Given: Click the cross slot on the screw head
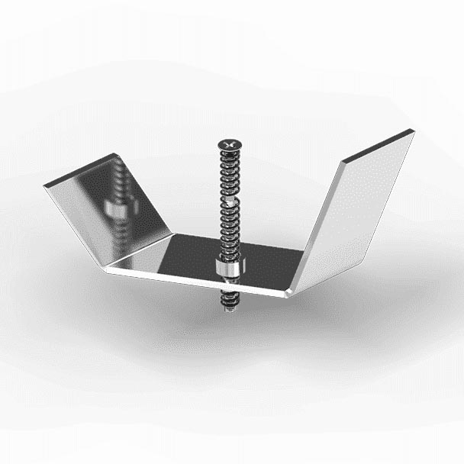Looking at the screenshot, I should (x=228, y=143).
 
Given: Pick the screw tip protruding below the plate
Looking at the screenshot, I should (x=227, y=306).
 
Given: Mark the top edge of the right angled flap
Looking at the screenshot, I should (x=378, y=146).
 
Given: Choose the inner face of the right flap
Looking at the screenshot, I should (x=359, y=206).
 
